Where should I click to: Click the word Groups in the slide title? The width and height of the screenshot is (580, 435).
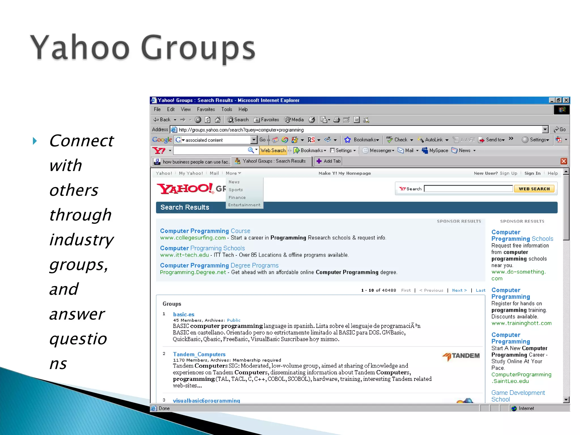pos(198,48)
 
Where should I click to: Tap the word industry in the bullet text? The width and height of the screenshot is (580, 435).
pos(82,240)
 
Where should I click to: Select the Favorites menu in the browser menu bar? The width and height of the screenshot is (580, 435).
pos(206,109)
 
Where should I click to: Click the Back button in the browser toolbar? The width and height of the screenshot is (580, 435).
pos(162,120)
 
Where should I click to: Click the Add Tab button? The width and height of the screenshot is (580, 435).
pos(329,161)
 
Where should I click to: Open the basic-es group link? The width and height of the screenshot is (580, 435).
pos(184,314)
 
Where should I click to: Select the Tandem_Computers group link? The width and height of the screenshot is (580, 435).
pos(199,354)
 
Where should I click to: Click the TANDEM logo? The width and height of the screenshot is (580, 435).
pos(461,356)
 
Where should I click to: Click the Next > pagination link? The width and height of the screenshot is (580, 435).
pos(459,290)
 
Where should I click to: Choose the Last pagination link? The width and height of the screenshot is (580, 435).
pos(480,290)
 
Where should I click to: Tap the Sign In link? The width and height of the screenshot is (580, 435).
pos(532,173)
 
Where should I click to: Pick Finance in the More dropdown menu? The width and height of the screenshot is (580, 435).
pos(237,197)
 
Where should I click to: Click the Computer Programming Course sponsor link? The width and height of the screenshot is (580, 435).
pos(205,231)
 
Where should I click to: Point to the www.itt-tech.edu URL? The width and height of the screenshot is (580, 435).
pos(184,255)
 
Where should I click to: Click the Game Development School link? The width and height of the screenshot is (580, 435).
pos(518,396)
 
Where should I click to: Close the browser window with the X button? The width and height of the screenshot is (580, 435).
pos(566,100)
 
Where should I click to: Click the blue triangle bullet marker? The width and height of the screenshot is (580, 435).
pos(35,141)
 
